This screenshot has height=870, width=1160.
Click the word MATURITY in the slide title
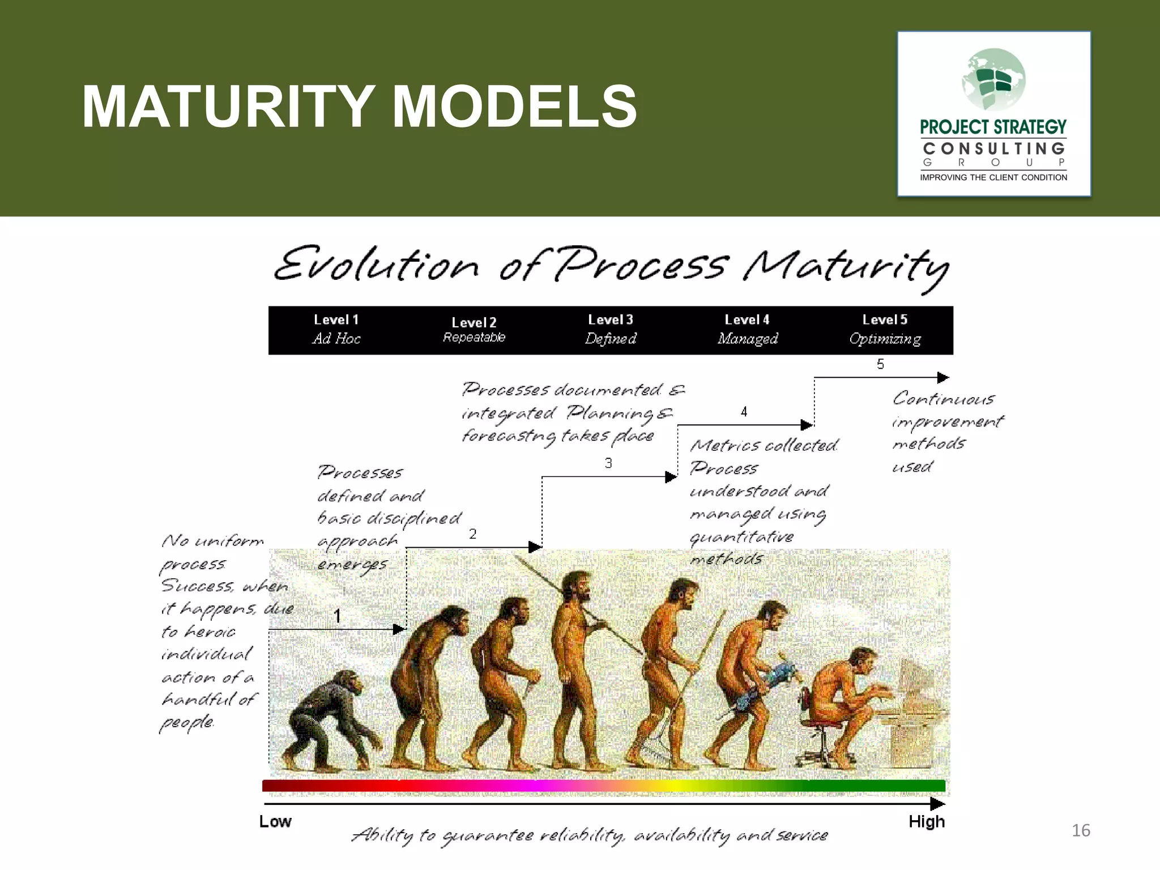click(227, 106)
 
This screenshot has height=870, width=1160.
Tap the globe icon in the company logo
click(993, 79)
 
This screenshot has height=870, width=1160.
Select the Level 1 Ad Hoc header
click(336, 330)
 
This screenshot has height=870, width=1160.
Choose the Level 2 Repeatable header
click(474, 330)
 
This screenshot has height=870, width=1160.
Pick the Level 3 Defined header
click(611, 330)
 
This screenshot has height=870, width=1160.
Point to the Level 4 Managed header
click(748, 330)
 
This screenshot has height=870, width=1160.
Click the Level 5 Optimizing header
click(885, 330)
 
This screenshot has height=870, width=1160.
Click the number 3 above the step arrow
click(608, 463)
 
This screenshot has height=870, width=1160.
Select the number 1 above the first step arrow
click(337, 616)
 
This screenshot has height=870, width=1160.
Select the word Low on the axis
click(275, 821)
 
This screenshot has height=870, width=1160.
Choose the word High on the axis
click(927, 821)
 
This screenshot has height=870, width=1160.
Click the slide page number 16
click(1081, 830)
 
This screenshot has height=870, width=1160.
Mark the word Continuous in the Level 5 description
click(944, 399)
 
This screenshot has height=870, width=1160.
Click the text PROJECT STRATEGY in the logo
click(993, 127)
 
